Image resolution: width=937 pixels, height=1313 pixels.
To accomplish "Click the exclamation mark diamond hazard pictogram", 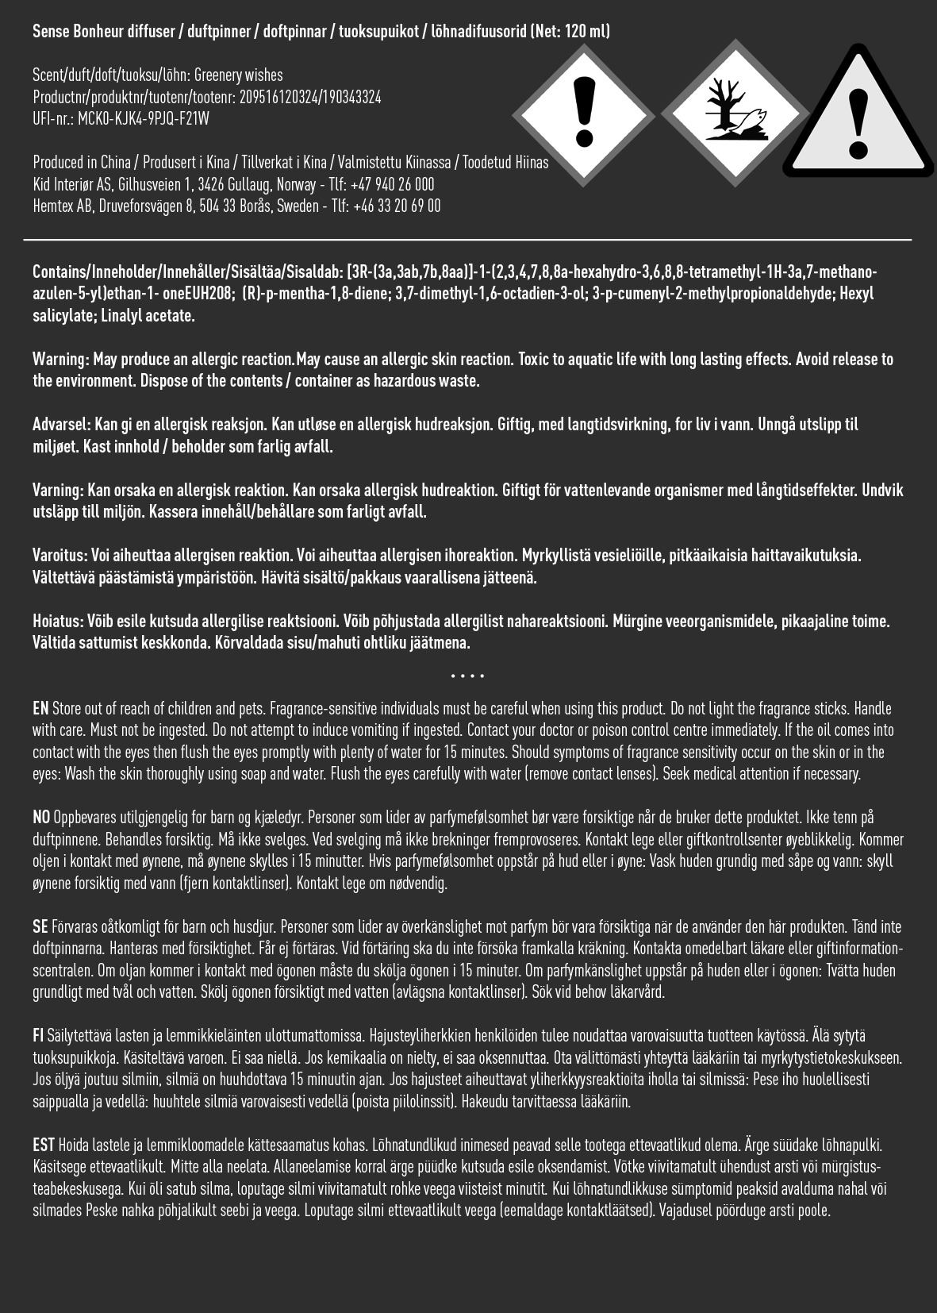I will pyautogui.click(x=584, y=115).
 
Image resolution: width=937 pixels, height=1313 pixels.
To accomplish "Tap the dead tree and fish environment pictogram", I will pyautogui.click(x=733, y=115).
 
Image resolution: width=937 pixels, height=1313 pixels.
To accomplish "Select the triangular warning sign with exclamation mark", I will pyautogui.click(x=858, y=127).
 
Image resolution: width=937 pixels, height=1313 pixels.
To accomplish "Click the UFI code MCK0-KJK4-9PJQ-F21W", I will pyautogui.click(x=144, y=119).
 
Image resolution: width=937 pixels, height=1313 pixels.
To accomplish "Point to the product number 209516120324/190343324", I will pyautogui.click(x=310, y=98).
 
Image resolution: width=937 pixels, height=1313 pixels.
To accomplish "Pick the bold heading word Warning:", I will pyautogui.click(x=60, y=360).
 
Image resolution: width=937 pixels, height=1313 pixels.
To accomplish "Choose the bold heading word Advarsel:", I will pyautogui.click(x=62, y=425).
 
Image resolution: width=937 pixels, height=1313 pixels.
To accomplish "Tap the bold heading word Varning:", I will pyautogui.click(x=58, y=491).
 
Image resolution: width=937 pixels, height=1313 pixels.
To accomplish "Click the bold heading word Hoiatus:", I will pyautogui.click(x=58, y=622).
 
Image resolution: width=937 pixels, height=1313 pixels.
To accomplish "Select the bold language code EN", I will pyautogui.click(x=40, y=709).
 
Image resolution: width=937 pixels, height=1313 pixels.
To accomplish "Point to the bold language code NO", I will pyautogui.click(x=41, y=818).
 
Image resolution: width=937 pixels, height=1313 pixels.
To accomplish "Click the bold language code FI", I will pyautogui.click(x=38, y=1036).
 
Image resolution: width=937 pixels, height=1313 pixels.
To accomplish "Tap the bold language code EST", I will pyautogui.click(x=44, y=1146).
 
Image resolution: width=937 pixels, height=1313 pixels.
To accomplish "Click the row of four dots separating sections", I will pyautogui.click(x=467, y=676).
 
